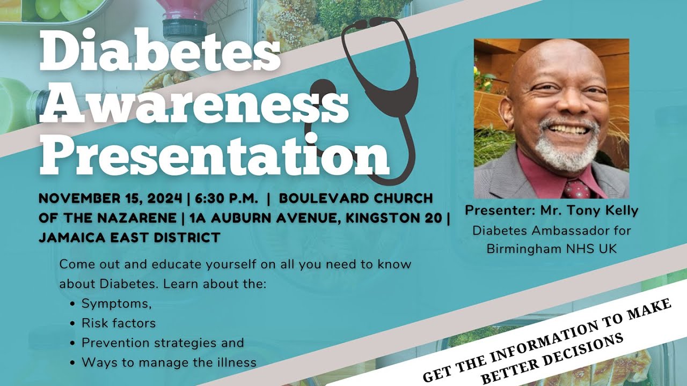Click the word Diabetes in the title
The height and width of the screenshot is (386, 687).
click(x=159, y=51)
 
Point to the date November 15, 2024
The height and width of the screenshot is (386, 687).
click(x=111, y=198)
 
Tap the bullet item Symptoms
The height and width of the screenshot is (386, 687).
click(x=116, y=304)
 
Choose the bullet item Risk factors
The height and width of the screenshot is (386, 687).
click(x=118, y=323)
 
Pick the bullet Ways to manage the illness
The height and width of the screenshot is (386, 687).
click(x=169, y=362)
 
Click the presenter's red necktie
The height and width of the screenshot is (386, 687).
click(x=577, y=189)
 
